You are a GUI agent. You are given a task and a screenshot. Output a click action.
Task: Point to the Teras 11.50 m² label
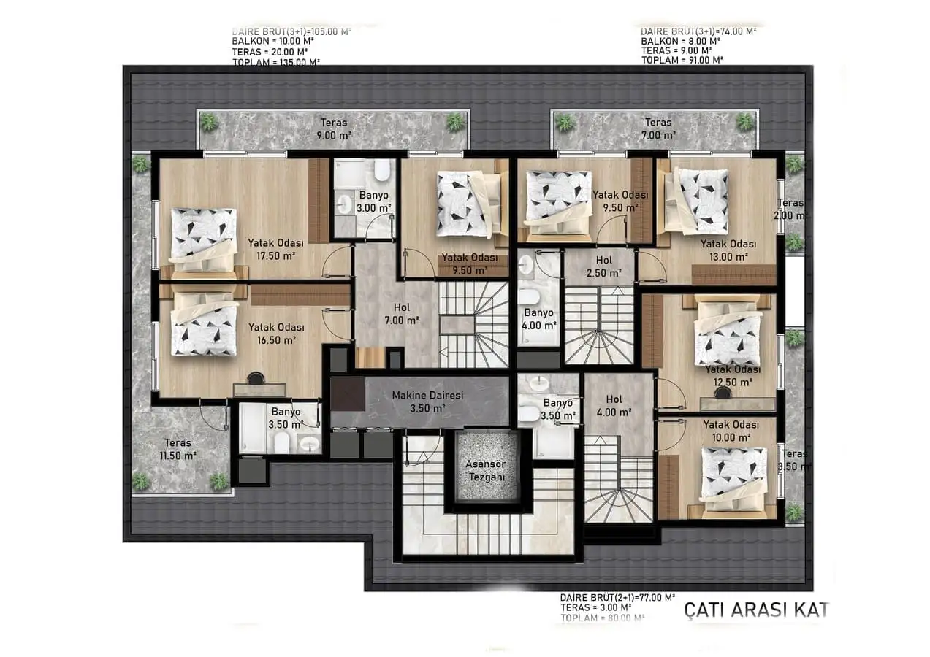(178, 449)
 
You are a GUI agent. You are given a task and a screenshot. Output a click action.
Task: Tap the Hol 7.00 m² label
(401, 314)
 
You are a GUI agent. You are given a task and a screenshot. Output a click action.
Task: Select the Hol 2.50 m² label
(603, 266)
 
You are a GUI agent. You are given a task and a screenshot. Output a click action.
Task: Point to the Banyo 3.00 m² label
(373, 201)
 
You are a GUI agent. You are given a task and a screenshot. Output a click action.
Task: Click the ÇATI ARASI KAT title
(756, 610)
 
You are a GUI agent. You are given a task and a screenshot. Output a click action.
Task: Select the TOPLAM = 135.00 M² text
(275, 62)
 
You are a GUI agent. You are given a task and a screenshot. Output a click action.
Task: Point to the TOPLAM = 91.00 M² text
(682, 60)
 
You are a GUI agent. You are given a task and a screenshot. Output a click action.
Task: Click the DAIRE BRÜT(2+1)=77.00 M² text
(617, 596)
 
